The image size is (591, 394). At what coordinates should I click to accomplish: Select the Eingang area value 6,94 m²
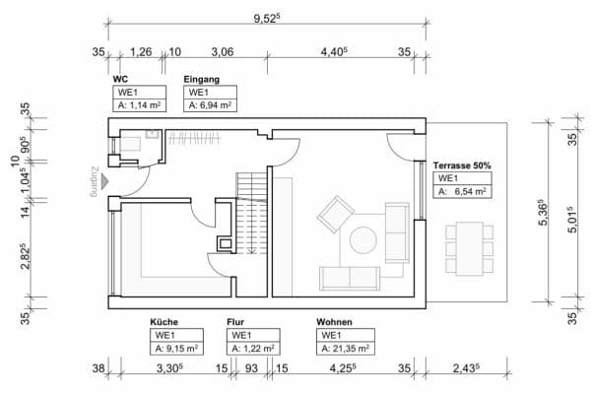click(209, 103)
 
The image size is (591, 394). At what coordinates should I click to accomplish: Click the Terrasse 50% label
click(462, 165)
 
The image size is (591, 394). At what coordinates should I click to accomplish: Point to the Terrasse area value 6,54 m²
click(464, 191)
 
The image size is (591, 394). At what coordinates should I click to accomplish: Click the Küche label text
click(164, 322)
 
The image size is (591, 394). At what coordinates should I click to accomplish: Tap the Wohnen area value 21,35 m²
click(344, 348)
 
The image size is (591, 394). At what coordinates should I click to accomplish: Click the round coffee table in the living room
click(363, 240)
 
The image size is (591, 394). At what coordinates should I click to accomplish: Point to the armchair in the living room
click(334, 214)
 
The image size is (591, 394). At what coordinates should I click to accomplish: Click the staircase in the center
click(250, 212)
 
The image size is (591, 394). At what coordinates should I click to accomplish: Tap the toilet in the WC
click(130, 145)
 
